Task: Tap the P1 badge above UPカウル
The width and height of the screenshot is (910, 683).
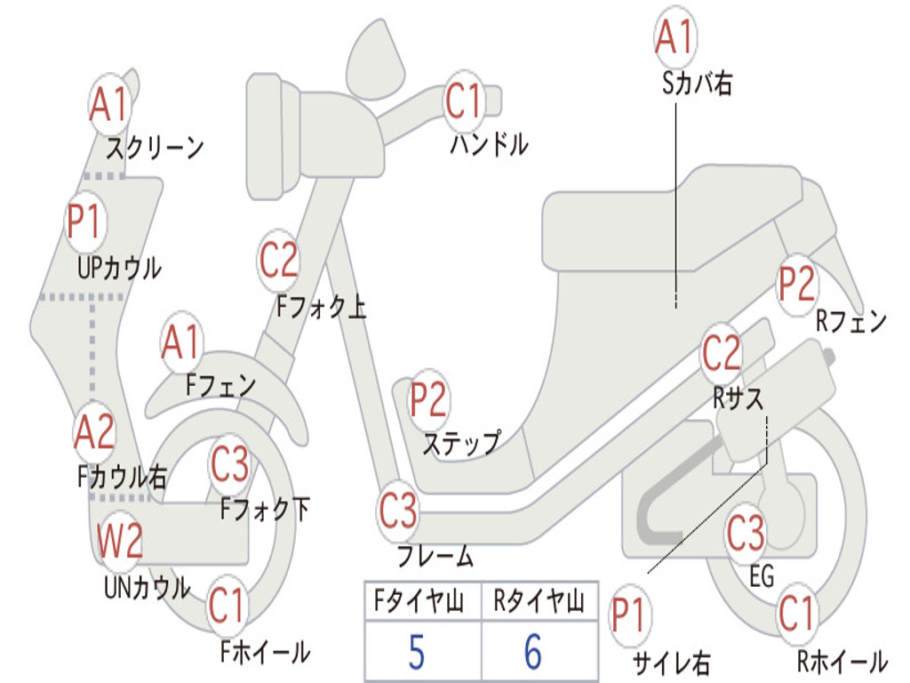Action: pos(84,221)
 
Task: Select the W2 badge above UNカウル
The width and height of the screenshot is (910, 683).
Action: pos(120,540)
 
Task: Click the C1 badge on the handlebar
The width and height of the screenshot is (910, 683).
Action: pos(464,100)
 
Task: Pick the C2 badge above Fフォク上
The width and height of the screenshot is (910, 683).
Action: pos(278,260)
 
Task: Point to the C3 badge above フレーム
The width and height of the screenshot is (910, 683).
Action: pos(398,510)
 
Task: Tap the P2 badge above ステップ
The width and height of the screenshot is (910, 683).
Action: pos(428,399)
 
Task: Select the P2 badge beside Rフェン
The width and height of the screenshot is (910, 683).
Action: pos(796,284)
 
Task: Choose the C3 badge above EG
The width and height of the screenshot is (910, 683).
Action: pos(746,533)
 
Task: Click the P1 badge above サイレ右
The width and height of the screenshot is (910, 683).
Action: pos(630,615)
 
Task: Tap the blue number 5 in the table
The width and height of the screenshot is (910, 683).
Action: pos(417,652)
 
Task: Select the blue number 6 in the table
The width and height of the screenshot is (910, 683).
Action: pos(533,652)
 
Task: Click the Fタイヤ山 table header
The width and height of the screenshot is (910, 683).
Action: pos(419,600)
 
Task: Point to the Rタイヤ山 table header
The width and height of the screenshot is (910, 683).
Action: pos(539,600)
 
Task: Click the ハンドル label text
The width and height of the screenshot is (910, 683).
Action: pos(489,143)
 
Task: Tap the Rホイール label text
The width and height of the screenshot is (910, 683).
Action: pos(842,661)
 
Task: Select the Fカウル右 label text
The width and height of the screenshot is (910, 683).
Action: pos(122,477)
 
